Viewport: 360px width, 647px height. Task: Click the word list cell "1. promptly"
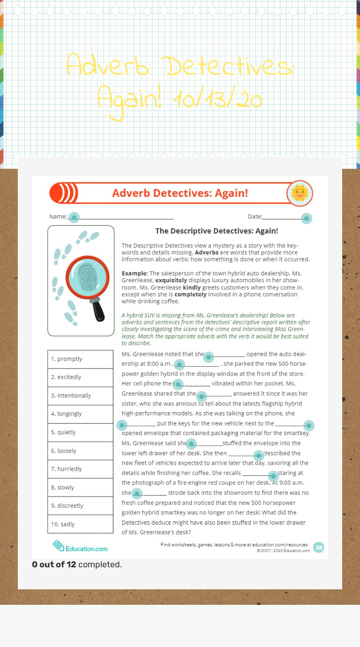tap(80, 359)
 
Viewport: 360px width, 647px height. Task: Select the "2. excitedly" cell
tap(80, 377)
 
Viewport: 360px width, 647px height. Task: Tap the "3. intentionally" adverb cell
tap(80, 396)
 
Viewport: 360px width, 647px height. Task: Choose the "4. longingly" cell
tap(80, 414)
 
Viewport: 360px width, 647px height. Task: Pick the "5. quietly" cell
tap(80, 432)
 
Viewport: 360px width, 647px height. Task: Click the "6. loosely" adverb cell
tap(80, 451)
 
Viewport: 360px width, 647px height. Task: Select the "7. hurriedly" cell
tap(80, 469)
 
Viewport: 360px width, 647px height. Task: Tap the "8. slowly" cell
tap(80, 488)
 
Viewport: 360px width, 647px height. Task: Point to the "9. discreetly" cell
tap(80, 506)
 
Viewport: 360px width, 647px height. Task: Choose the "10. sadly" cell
tap(80, 524)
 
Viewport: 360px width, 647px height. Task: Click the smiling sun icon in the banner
tap(300, 193)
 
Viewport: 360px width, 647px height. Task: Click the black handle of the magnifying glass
tap(99, 310)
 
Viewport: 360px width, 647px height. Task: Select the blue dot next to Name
tap(74, 217)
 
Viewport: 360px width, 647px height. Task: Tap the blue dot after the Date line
tap(306, 218)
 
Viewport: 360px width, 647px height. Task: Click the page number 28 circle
tap(318, 547)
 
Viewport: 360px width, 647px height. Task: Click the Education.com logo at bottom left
tap(80, 547)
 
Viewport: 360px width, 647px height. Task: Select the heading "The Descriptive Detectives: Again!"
tap(217, 231)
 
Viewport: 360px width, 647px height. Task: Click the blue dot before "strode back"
tap(136, 493)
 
